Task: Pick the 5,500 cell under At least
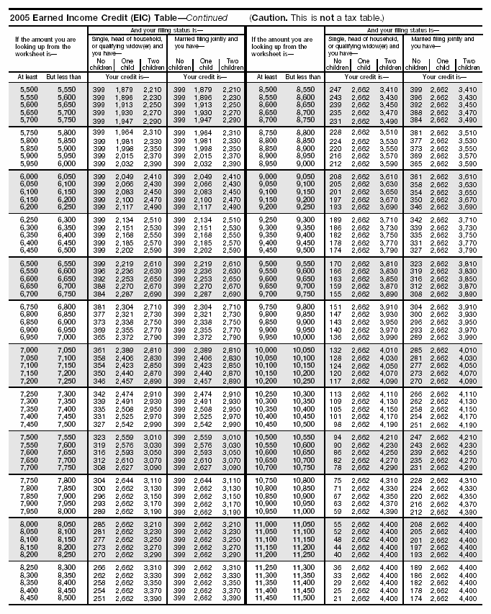point(19,88)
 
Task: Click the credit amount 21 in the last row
point(338,599)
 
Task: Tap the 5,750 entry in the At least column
point(19,132)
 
